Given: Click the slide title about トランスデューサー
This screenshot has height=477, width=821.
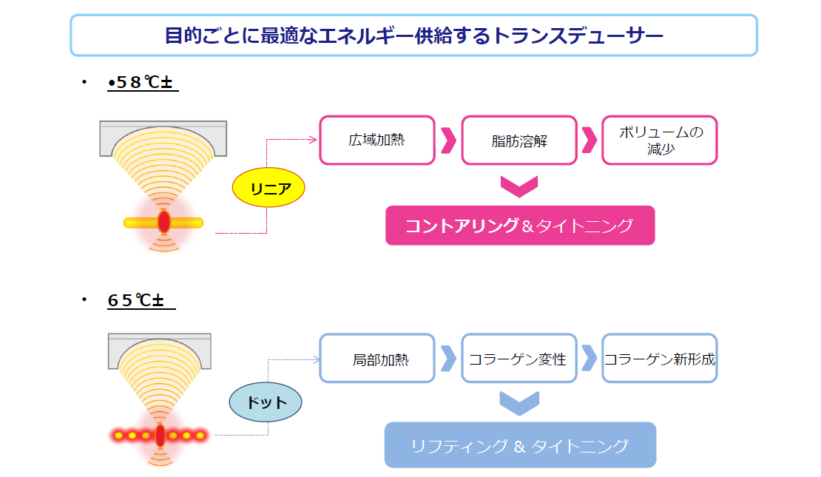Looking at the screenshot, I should (413, 35).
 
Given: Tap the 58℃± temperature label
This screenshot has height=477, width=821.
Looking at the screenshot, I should (141, 83).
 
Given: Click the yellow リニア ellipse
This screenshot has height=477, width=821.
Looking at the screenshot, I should (268, 189).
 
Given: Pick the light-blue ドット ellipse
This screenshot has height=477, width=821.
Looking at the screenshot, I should (266, 402).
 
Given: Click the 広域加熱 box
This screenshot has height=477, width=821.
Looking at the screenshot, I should (376, 140).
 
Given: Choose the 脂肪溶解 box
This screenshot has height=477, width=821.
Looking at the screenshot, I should (518, 140).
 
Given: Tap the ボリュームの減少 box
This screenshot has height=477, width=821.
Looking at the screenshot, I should (659, 140).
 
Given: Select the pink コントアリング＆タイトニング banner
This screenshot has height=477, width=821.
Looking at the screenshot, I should (520, 226).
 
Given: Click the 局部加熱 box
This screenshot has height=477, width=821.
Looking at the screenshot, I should (376, 359).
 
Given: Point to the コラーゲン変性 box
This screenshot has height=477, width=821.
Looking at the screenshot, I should (518, 359).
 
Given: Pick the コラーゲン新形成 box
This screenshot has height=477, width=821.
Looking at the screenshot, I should (659, 359).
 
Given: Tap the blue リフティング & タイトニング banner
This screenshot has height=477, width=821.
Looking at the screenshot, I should (520, 445).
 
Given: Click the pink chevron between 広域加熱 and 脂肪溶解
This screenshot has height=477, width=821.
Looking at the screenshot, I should (448, 140).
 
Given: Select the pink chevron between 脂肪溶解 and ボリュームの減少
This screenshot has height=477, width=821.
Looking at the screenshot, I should (589, 140).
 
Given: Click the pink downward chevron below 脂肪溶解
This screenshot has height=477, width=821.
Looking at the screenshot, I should (518, 186).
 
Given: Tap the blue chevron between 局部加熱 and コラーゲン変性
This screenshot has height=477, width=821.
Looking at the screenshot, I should (448, 359).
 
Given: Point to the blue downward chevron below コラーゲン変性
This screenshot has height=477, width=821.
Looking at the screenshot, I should (518, 403).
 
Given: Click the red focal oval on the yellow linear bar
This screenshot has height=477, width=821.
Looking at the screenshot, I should (163, 221).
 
